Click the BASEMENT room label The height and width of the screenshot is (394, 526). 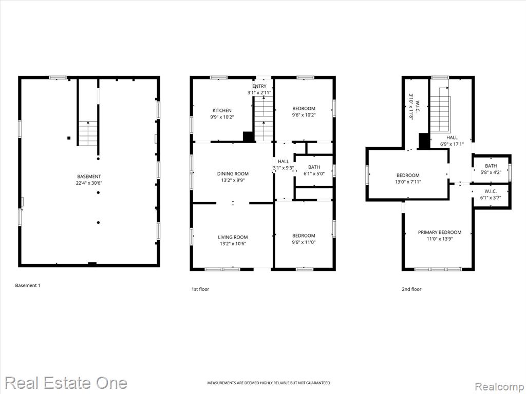click(89, 176)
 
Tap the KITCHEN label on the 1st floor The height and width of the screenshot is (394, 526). click(222, 111)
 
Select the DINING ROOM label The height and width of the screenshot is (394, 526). click(233, 173)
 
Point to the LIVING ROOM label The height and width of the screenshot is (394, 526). click(233, 237)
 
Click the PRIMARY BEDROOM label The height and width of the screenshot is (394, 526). click(440, 232)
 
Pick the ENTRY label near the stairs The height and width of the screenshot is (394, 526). click(259, 86)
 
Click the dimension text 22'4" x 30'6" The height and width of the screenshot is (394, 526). click(89, 183)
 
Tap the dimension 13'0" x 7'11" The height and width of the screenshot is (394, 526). click(408, 182)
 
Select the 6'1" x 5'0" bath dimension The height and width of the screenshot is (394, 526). click(314, 173)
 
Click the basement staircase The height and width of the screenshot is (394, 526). click(88, 133)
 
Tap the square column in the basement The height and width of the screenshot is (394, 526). click(69, 137)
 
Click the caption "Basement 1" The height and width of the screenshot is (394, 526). click(28, 285)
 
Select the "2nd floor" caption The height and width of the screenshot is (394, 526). click(411, 289)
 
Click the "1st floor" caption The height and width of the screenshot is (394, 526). click(200, 289)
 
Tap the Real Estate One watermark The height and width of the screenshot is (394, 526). click(66, 383)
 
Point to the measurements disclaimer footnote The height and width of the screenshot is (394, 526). click(268, 383)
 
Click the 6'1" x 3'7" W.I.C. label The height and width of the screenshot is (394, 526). click(491, 198)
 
